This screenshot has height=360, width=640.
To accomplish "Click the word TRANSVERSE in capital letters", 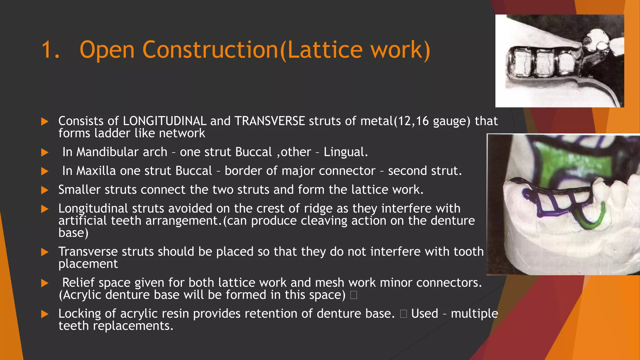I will pyautogui.click(x=270, y=121).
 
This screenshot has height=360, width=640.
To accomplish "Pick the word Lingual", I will pyautogui.click(x=345, y=152).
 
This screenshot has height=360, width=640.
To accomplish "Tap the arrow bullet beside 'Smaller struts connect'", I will pyautogui.click(x=45, y=190).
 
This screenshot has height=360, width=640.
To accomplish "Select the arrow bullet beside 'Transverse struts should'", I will pyautogui.click(x=45, y=252).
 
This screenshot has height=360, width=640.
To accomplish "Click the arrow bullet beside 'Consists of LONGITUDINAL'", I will pyautogui.click(x=45, y=121).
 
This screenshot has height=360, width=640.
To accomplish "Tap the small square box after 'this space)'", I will pyautogui.click(x=354, y=295).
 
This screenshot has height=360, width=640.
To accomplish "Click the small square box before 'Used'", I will pyautogui.click(x=403, y=314).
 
